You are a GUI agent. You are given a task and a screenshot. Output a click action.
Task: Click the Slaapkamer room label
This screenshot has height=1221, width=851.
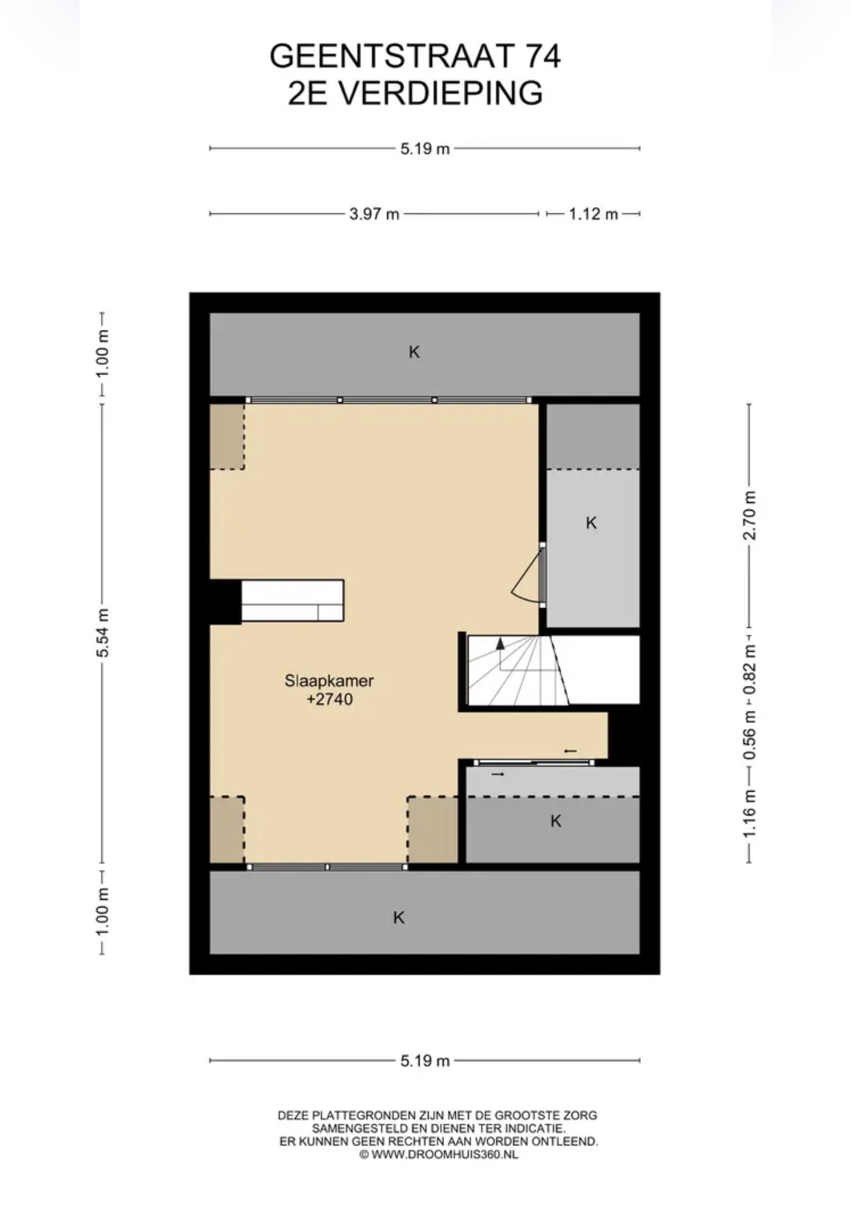pos(329,680)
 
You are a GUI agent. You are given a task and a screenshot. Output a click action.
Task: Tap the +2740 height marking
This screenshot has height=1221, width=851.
pos(329,699)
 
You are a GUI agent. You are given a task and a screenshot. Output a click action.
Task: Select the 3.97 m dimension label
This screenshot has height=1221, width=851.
pos(374,214)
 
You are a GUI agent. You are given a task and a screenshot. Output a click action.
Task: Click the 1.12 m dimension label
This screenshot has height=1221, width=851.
pos(593,214)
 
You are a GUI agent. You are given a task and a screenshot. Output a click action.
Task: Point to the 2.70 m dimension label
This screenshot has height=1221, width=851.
pos(750,515)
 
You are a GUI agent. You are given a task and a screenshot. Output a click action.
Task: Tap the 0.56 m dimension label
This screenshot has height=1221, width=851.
pos(750,735)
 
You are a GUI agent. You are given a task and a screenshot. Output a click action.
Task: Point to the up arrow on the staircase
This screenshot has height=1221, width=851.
pos(500,643)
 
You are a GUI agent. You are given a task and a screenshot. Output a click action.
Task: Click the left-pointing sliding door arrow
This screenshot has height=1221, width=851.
pos(570,751)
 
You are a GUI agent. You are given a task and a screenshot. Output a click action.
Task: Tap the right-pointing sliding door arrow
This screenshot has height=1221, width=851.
pos(498,774)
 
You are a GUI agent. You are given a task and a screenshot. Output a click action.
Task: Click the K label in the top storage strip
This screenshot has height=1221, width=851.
pos(414,352)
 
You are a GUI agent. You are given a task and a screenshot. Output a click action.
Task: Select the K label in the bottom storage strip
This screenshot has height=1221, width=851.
pos(398,918)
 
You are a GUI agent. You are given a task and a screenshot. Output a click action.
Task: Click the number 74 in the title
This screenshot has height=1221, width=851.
pos(543,56)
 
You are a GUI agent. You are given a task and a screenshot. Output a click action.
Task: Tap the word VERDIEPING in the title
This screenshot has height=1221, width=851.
pos(441,93)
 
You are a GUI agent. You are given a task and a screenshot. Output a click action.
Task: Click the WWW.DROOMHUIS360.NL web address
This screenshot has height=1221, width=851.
pos(445,1154)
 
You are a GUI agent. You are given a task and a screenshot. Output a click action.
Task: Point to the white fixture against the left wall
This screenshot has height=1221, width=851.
pos(292,600)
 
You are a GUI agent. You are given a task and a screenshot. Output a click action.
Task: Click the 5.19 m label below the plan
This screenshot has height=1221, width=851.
pos(425,1061)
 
